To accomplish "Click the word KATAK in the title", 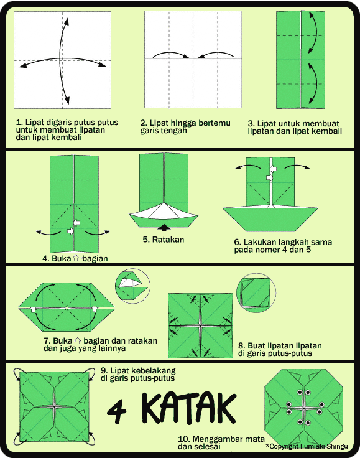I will [190, 408].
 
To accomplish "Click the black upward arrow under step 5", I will [164, 227].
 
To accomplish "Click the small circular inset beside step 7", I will [132, 286].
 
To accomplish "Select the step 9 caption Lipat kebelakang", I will [137, 373].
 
